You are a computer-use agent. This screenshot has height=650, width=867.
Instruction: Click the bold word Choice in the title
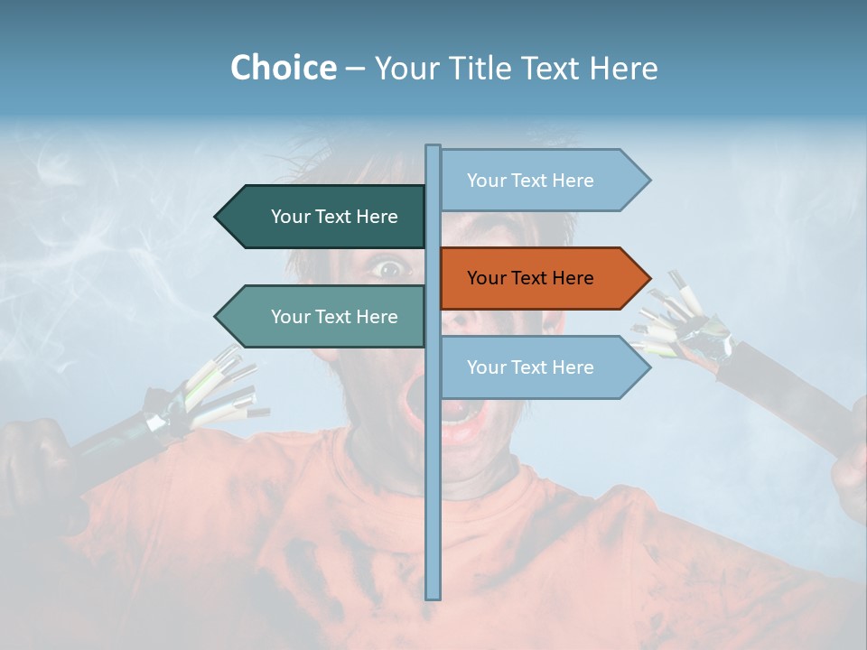tap(283, 68)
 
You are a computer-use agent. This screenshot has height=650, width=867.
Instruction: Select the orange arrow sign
tap(542, 278)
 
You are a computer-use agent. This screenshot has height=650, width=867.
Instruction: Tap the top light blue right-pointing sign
tap(542, 181)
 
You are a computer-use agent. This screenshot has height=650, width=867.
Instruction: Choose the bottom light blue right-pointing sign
tap(542, 367)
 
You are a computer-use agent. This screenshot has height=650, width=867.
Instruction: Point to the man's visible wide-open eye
tap(389, 267)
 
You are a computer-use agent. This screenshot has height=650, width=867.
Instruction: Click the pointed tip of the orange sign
tap(648, 278)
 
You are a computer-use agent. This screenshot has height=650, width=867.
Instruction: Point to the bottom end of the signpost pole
tap(433, 595)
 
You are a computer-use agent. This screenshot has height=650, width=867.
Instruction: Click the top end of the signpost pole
tap(433, 148)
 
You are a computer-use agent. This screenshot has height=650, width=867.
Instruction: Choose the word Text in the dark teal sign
tap(334, 217)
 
